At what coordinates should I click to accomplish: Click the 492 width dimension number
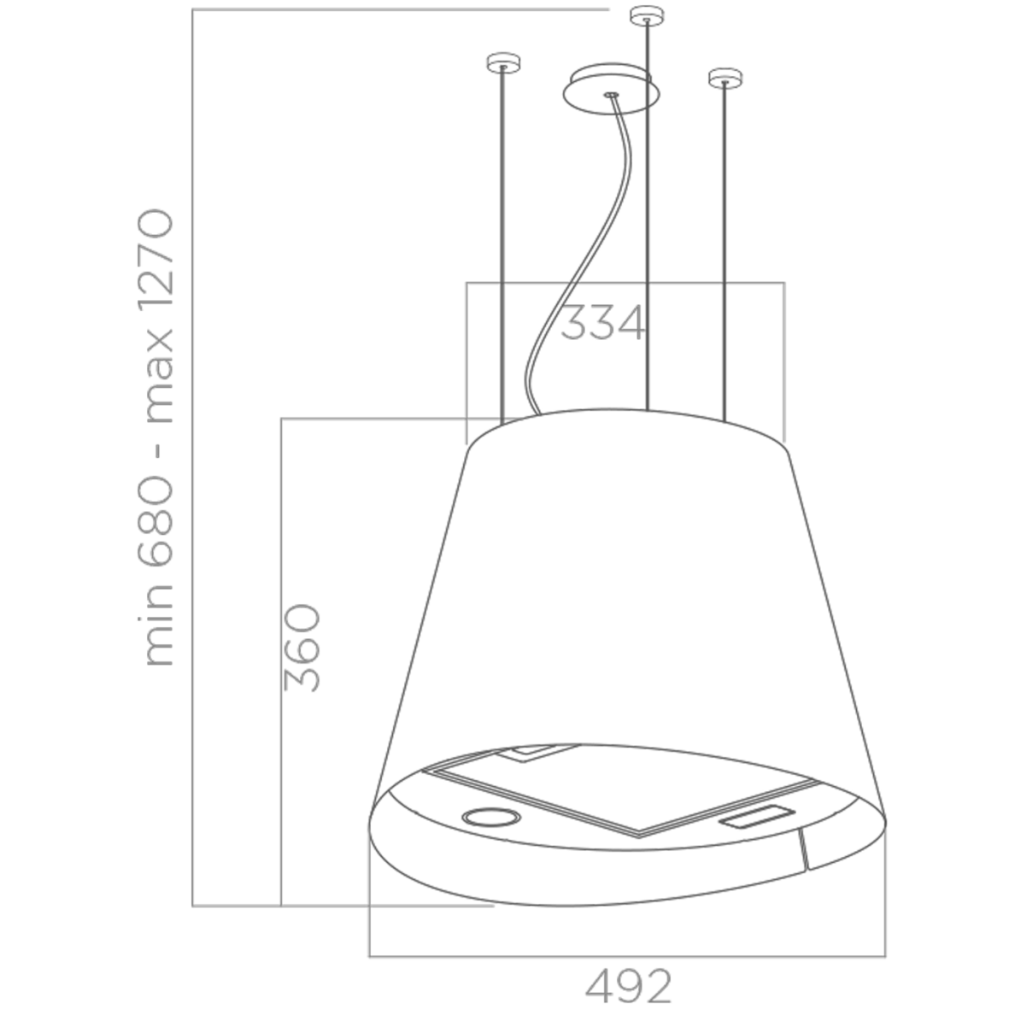click(629, 986)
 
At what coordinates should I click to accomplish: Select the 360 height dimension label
click(302, 648)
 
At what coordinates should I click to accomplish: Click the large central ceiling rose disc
click(611, 87)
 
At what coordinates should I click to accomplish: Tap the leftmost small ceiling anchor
click(503, 62)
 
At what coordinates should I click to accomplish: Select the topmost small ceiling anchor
click(648, 15)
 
